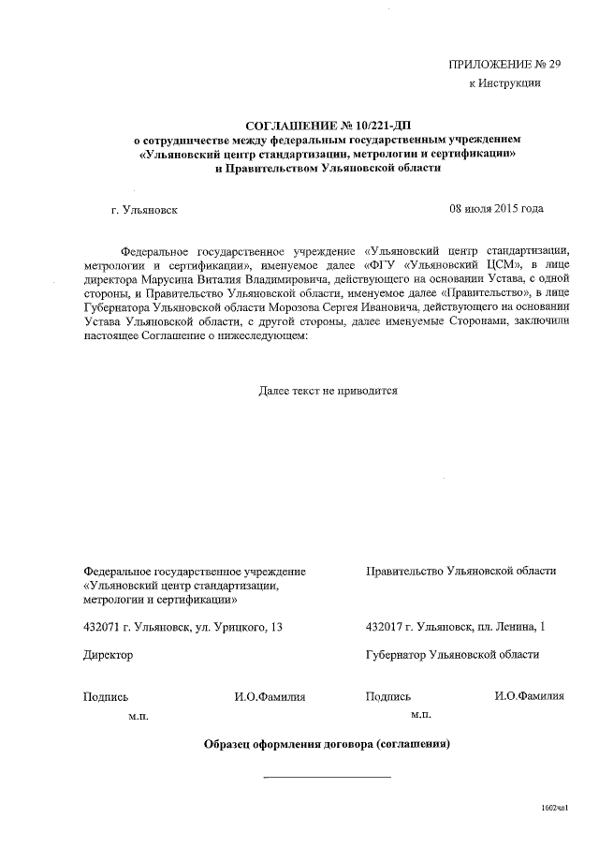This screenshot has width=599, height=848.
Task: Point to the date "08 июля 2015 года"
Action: [496, 208]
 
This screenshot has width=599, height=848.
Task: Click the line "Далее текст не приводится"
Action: [329, 391]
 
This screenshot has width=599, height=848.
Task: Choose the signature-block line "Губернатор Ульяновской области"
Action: [452, 655]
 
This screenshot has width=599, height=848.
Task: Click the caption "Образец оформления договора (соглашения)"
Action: [328, 745]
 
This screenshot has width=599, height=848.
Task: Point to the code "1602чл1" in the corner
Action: [555, 806]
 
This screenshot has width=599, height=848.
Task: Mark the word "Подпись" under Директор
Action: [105, 696]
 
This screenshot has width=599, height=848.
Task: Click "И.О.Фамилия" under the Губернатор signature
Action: [529, 696]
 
